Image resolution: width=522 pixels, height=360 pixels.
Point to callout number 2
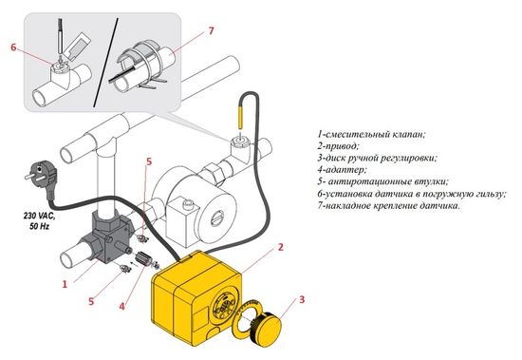tap(281, 249)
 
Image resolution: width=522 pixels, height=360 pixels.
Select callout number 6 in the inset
tap(13, 46)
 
